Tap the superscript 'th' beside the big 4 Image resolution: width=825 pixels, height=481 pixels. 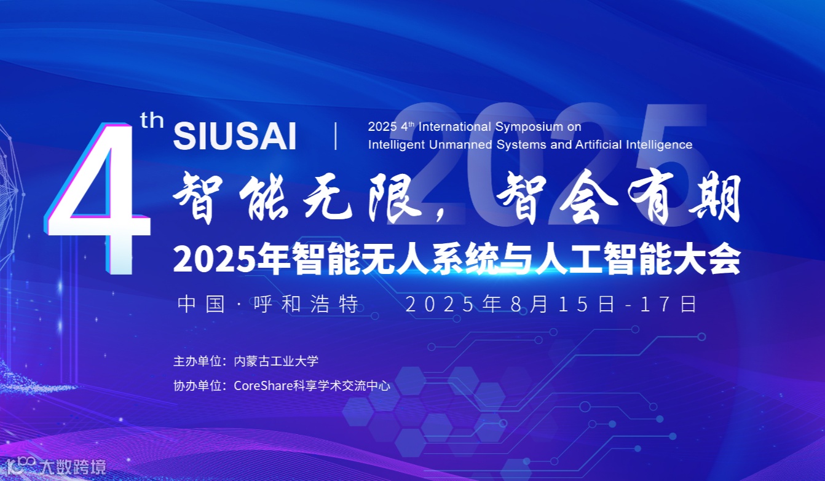[x=152, y=120]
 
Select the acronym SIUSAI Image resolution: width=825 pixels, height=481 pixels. [x=235, y=136]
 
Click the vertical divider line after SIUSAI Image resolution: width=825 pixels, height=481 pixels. [x=336, y=136]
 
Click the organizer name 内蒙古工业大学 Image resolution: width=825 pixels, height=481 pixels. [x=276, y=361]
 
